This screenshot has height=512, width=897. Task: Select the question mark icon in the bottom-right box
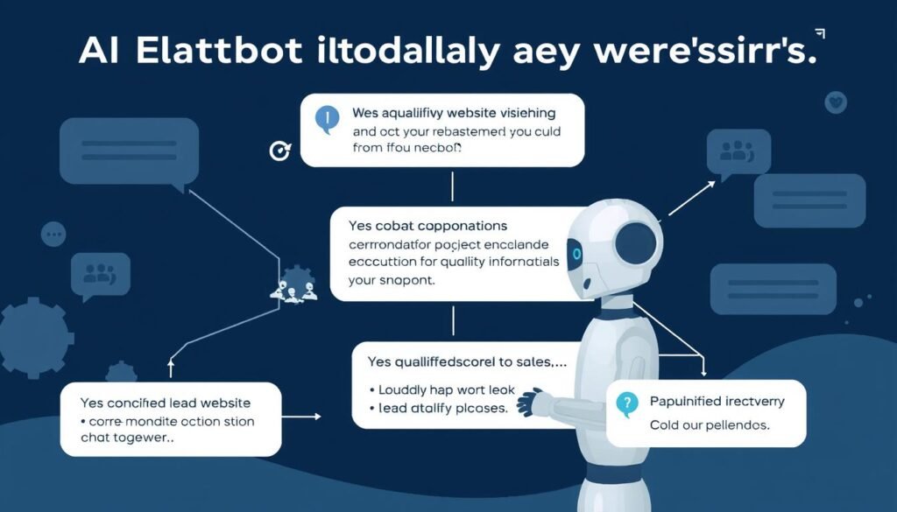click(625, 403)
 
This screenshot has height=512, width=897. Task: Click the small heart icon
click(835, 103)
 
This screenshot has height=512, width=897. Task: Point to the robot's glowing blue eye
click(576, 254)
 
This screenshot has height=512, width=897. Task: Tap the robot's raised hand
click(530, 403)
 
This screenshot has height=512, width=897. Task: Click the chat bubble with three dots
click(53, 234)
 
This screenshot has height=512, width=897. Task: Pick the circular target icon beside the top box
click(278, 151)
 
